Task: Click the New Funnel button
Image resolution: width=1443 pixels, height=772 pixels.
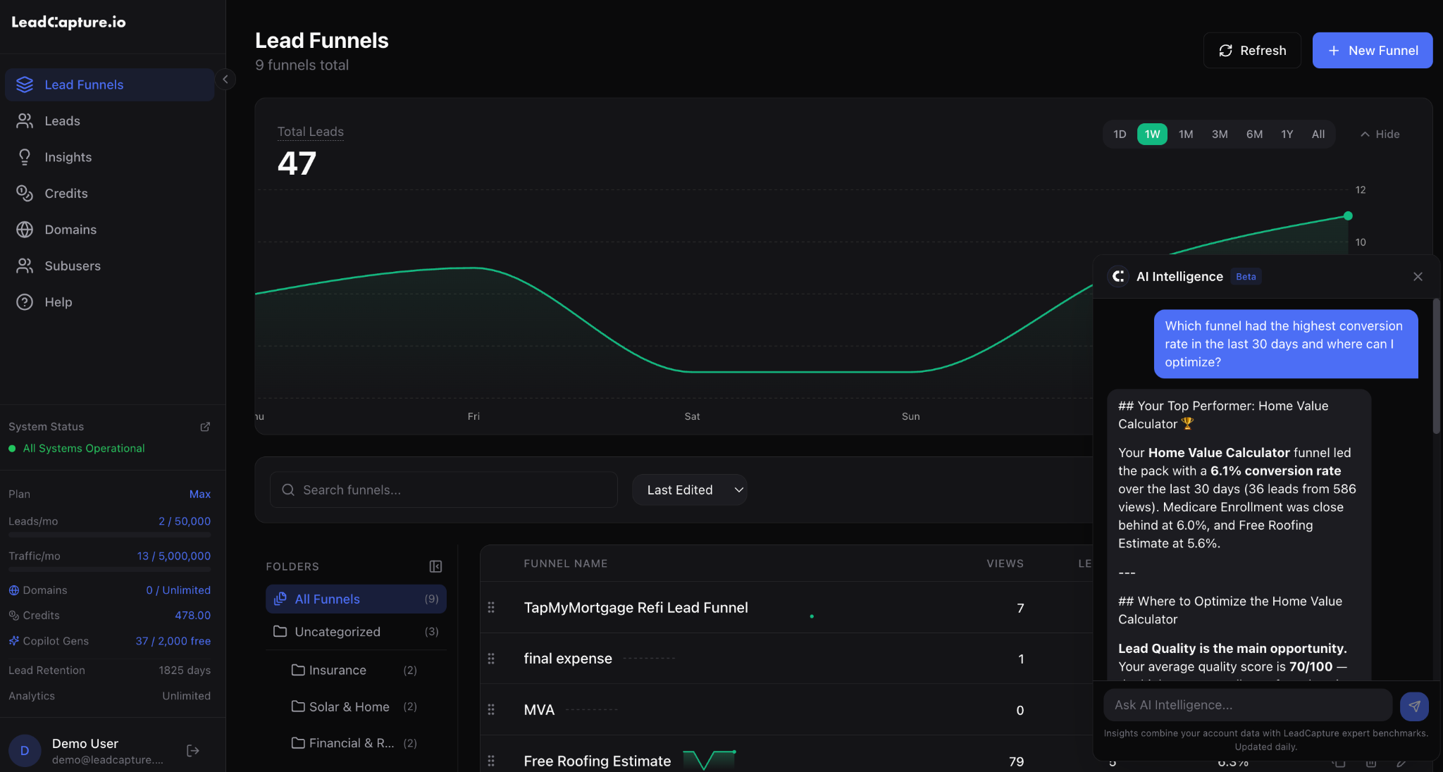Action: coord(1372,51)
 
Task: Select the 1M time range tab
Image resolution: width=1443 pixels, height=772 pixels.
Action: coord(1186,134)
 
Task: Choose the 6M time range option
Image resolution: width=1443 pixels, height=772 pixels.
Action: coord(1254,134)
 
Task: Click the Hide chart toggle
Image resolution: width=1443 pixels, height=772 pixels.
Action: coord(1380,134)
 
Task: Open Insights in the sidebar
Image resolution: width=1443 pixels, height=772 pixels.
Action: coord(68,157)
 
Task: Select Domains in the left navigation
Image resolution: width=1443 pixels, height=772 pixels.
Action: coord(70,230)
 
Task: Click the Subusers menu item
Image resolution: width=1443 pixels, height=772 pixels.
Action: coord(72,266)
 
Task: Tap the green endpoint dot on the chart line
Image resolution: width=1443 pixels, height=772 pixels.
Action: coord(1348,216)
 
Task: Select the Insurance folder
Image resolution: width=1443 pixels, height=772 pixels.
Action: coord(337,670)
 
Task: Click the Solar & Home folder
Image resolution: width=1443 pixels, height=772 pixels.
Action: coord(349,706)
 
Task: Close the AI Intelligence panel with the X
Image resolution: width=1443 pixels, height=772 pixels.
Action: coord(1418,277)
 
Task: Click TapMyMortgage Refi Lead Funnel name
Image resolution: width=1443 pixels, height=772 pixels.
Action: coord(636,607)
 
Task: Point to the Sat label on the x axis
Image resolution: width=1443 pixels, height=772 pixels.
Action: coord(692,416)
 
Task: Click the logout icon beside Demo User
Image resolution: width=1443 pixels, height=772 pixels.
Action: coord(192,751)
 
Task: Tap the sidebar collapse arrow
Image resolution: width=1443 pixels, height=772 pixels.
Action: coord(225,79)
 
